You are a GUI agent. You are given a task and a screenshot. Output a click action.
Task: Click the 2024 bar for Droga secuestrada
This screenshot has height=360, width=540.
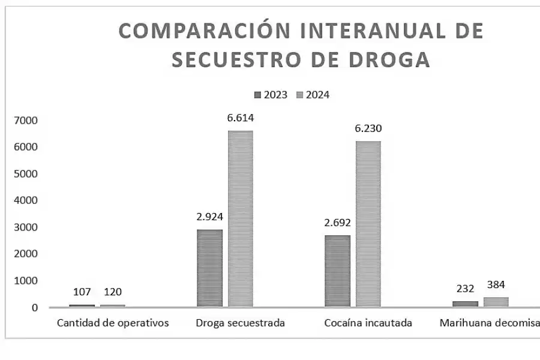(x=240, y=218)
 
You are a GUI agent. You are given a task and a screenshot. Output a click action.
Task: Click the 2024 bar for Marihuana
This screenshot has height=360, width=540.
(x=496, y=302)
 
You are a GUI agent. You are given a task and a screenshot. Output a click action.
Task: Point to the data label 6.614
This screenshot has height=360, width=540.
(x=240, y=118)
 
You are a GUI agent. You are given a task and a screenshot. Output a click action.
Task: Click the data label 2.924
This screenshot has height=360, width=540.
(x=209, y=217)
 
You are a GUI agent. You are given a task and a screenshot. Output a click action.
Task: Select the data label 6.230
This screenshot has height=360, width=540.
(x=368, y=128)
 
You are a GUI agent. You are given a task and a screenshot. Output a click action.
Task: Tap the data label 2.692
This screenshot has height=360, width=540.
(x=337, y=223)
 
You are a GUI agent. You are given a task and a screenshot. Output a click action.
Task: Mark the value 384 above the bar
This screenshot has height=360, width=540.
(x=496, y=284)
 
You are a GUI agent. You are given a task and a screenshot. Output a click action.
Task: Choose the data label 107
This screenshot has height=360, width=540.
(x=82, y=292)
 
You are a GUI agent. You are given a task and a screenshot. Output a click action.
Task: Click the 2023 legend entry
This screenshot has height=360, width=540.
(x=271, y=95)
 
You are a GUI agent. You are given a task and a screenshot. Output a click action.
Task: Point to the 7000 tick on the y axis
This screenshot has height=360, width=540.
(x=26, y=121)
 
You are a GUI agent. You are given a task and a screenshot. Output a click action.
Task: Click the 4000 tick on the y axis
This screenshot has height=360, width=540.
(x=26, y=200)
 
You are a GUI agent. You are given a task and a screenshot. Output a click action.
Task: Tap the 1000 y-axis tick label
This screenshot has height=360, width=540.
(x=26, y=281)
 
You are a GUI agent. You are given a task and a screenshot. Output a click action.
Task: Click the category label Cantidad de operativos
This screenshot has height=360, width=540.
(x=113, y=323)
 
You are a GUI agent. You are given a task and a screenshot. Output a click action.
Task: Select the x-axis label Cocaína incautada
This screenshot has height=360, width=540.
(x=368, y=323)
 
